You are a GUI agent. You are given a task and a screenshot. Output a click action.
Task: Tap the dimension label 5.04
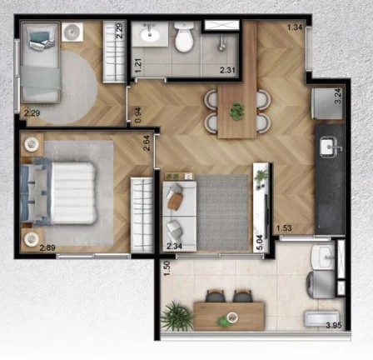259,242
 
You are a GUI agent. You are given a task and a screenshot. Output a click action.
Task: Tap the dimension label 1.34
294,28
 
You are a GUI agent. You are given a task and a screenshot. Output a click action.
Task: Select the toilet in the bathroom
184,37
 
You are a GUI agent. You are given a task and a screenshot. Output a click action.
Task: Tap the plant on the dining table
237,109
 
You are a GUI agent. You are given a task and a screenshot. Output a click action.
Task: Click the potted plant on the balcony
177,316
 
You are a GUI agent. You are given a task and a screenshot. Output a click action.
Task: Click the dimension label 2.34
174,246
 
